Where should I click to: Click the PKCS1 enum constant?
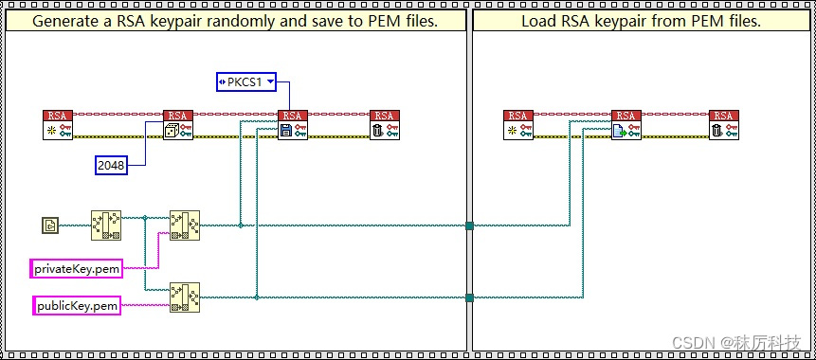pos(245,82)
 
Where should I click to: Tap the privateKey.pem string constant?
pos(76,269)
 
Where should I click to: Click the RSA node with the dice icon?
pos(178,125)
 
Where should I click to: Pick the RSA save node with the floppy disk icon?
pos(293,125)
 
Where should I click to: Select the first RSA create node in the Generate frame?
pos(58,125)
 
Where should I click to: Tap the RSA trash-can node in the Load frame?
pos(724,125)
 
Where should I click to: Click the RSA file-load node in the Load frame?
pos(626,125)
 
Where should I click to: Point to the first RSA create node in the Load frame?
pos(518,125)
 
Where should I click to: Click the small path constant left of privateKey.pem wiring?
pos(50,225)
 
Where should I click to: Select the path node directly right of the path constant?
pos(105,225)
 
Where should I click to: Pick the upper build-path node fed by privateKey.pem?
pos(184,225)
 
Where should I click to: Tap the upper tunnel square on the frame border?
pos(470,225)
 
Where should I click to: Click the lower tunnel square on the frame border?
pos(470,297)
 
